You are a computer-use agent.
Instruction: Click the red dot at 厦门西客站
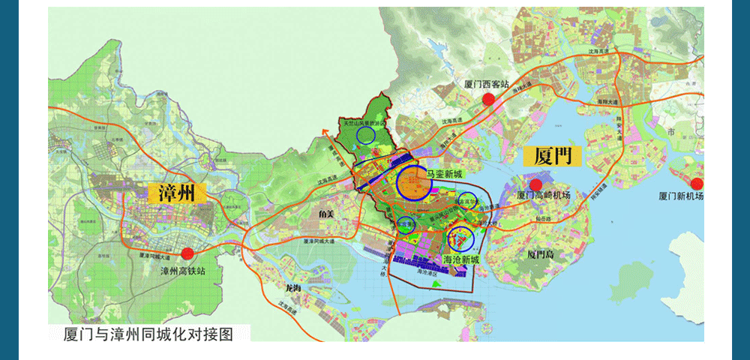(x=488, y=98)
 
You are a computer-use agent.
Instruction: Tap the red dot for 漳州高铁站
(x=187, y=253)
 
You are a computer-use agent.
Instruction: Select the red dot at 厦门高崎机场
(x=535, y=184)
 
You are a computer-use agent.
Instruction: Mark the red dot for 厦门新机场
(x=697, y=184)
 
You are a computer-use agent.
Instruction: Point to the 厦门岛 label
(x=540, y=254)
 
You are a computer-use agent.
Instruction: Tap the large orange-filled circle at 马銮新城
(x=414, y=182)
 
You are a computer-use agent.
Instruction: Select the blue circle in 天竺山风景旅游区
(x=365, y=135)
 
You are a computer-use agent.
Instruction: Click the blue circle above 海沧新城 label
(x=460, y=238)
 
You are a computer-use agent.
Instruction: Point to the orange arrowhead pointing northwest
(x=325, y=132)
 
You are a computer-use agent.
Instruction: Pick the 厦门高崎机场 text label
(x=544, y=196)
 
